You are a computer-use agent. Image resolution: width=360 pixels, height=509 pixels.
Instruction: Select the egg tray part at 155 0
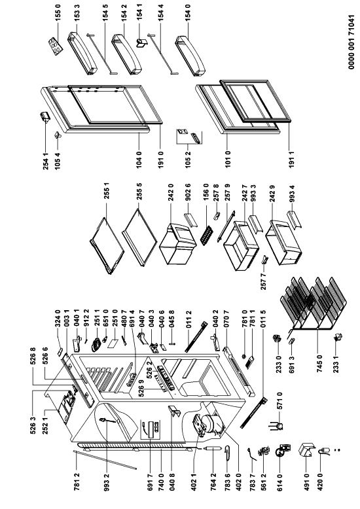pyautogui.click(x=55, y=46)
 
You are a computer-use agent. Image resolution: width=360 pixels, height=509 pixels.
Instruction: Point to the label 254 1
pyautogui.click(x=46, y=162)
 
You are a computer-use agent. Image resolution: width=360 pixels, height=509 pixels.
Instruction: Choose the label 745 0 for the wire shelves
pyautogui.click(x=319, y=364)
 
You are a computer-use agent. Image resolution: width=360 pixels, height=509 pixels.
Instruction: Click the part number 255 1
pyautogui.click(x=107, y=190)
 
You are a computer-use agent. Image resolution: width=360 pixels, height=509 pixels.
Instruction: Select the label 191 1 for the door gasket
pyautogui.click(x=291, y=160)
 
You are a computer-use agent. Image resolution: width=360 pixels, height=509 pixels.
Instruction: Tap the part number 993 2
pyautogui.click(x=107, y=483)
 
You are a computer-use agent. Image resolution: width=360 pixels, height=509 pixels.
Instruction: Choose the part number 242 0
pyautogui.click(x=171, y=192)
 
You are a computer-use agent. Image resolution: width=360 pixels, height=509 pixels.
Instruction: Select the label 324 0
pyautogui.click(x=58, y=318)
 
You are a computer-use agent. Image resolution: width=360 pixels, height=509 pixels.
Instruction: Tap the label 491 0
pyautogui.click(x=307, y=483)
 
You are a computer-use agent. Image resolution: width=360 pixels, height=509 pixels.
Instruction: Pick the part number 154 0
pyautogui.click(x=187, y=12)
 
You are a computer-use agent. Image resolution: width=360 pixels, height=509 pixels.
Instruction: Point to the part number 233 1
pyautogui.click(x=336, y=364)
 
